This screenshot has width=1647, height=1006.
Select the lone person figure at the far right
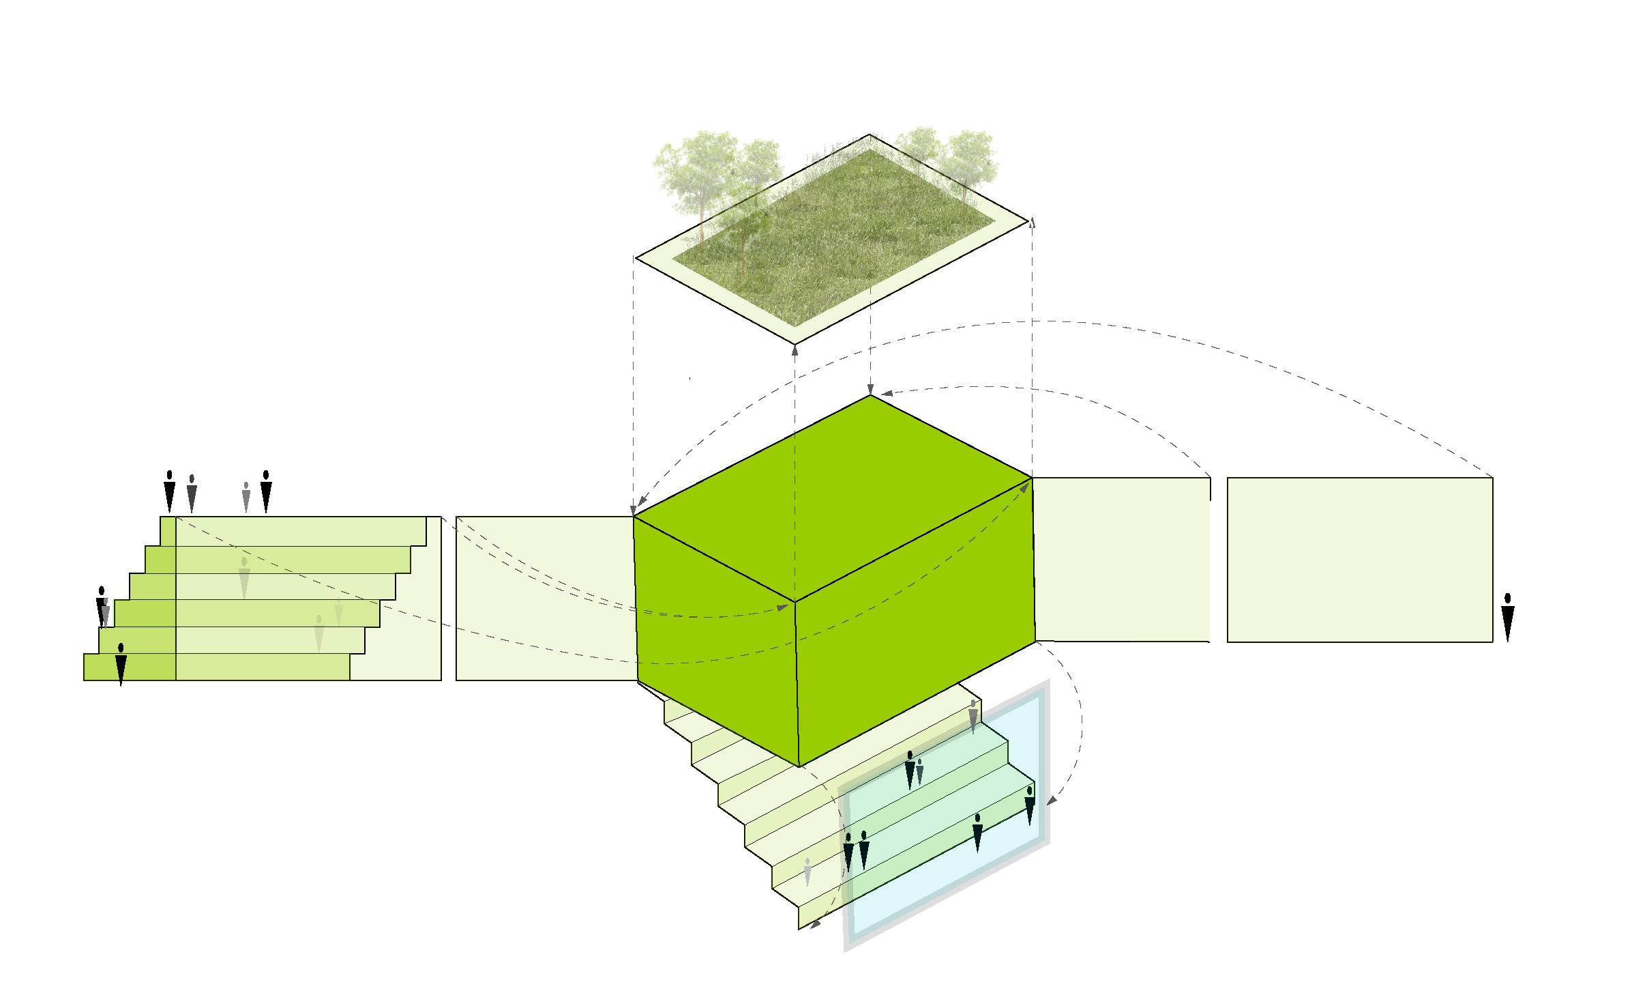click(x=1508, y=617)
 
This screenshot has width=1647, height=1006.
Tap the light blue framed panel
click(x=948, y=839)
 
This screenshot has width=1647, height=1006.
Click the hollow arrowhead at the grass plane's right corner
click(x=1031, y=221)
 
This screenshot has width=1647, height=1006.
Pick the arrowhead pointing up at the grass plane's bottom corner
click(x=795, y=351)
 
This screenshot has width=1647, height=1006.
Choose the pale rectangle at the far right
click(x=1360, y=560)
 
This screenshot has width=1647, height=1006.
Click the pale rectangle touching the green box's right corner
click(x=1122, y=560)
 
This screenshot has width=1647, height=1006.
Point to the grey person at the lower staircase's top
click(x=973, y=717)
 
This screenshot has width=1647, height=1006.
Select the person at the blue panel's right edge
click(x=1030, y=805)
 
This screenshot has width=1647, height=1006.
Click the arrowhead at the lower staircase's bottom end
click(x=815, y=925)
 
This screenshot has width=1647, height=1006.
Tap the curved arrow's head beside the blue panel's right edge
click(x=1051, y=800)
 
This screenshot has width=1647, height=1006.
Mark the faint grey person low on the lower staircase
click(x=807, y=872)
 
